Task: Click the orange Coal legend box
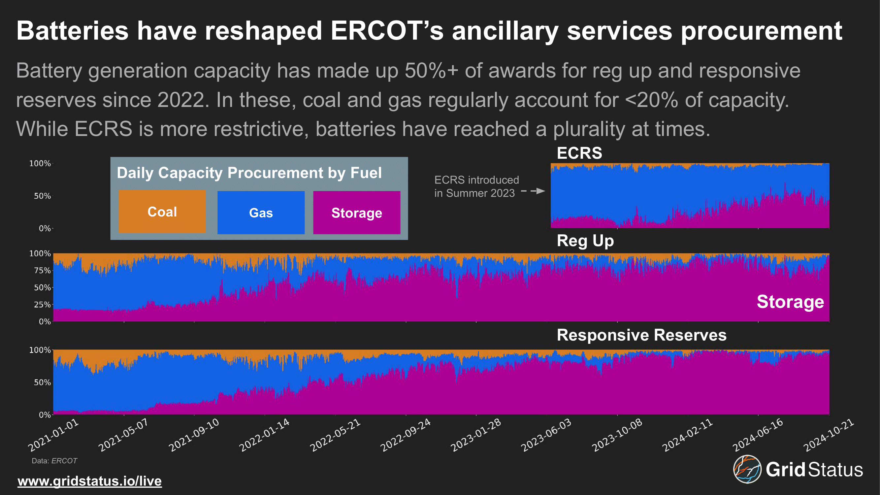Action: pyautogui.click(x=162, y=212)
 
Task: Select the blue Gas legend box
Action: pyautogui.click(x=261, y=213)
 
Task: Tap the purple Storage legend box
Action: pyautogui.click(x=356, y=213)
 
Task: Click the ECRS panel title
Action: pyautogui.click(x=579, y=153)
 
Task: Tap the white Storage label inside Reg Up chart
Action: pyautogui.click(x=790, y=302)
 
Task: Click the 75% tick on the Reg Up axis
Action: pyautogui.click(x=42, y=271)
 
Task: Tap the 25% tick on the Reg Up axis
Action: pyautogui.click(x=42, y=304)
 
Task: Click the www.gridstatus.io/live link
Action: pyautogui.click(x=89, y=481)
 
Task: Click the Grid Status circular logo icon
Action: pyautogui.click(x=747, y=469)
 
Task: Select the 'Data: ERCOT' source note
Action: pyautogui.click(x=54, y=461)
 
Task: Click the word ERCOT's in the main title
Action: pyautogui.click(x=387, y=31)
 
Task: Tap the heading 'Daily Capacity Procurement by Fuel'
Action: pyautogui.click(x=249, y=173)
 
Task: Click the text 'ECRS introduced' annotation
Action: pyautogui.click(x=476, y=180)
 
